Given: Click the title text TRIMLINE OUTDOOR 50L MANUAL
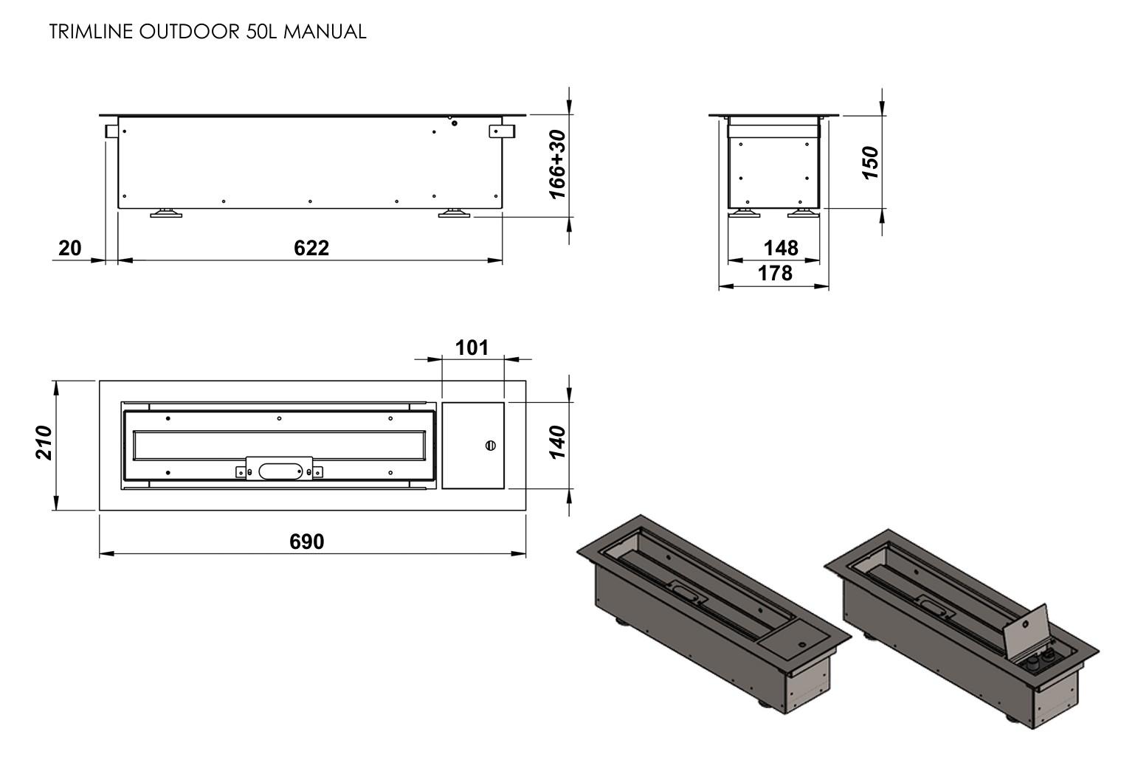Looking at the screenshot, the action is click(x=207, y=32).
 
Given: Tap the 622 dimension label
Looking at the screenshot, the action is click(x=311, y=248).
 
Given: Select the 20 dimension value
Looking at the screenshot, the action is click(x=69, y=248).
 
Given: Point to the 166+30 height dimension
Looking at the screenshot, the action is click(x=557, y=165).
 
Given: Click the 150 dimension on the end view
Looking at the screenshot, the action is click(x=870, y=162).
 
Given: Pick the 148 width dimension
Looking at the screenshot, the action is click(x=781, y=248).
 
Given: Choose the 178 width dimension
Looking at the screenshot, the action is click(x=775, y=273).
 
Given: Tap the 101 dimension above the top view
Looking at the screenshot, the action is click(x=472, y=348).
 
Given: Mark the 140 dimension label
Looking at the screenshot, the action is click(x=557, y=442).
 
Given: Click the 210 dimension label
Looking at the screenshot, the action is click(x=44, y=443).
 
